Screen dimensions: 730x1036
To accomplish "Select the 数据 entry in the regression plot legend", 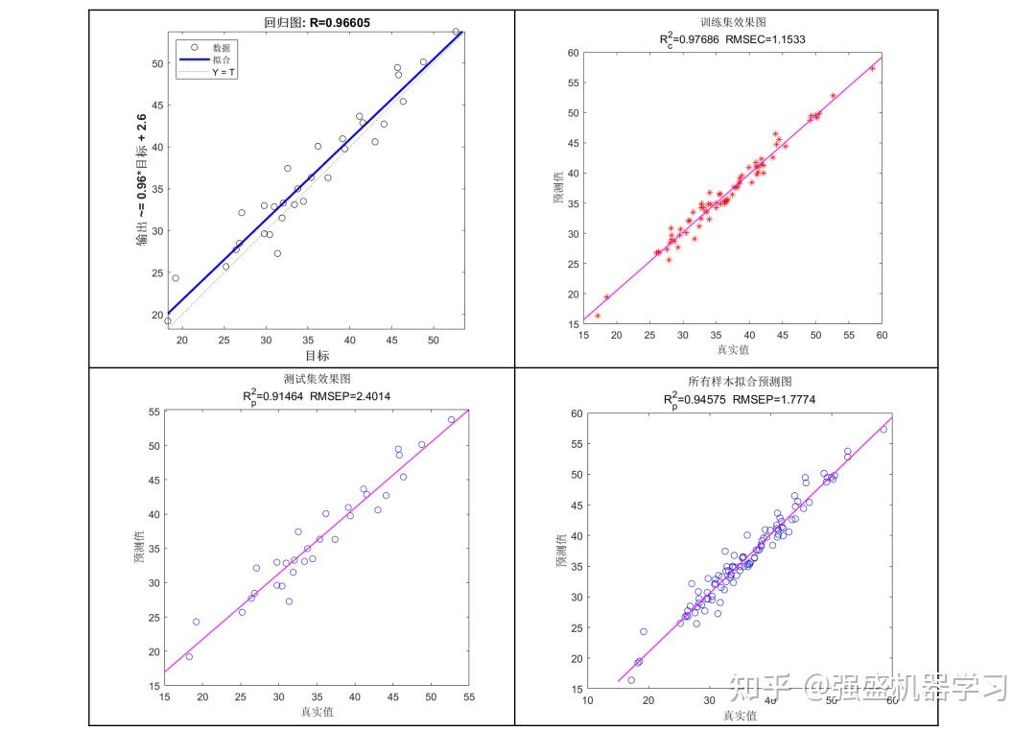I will pos(221,47).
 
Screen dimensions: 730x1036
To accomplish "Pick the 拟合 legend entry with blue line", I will pos(221,59).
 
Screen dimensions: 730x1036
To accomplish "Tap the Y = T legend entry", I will pos(224,72).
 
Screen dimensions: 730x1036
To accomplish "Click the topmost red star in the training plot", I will pos(872,68).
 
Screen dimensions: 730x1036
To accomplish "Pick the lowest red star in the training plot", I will pos(598,316).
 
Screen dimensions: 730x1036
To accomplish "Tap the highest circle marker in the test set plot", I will pos(452,419).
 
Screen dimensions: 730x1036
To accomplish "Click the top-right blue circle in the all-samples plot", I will pos(883,429).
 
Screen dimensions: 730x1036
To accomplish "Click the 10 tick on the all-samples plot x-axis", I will pos(588,698).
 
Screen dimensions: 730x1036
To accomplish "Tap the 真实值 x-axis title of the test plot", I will pos(317,712).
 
